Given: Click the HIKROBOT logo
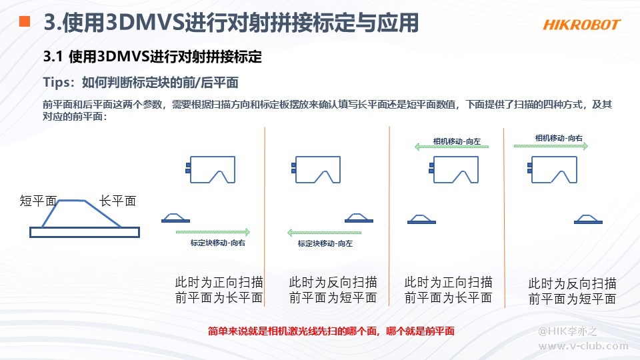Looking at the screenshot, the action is (x=581, y=25).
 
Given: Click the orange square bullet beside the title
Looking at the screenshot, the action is (x=25, y=21).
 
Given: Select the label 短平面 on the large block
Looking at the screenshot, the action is (x=38, y=201).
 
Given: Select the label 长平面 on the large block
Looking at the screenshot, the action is (x=117, y=201).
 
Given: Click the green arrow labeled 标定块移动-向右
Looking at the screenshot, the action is (x=213, y=232).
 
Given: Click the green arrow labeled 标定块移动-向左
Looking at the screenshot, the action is (x=325, y=233).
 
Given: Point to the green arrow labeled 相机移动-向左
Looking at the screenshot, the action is (x=451, y=147).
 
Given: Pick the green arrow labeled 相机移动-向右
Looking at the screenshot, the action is (x=551, y=146).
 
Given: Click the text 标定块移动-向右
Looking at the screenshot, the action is (x=218, y=243).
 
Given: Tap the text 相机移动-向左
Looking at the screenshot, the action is (x=457, y=141).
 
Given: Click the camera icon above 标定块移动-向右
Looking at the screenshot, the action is (x=211, y=169).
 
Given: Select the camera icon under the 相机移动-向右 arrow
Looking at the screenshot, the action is (x=553, y=169).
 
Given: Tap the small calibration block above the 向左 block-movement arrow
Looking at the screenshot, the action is (x=359, y=218).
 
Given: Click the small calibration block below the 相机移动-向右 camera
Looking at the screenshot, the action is (x=588, y=219).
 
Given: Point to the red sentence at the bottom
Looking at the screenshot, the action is (x=331, y=331).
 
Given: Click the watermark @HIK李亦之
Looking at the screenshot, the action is (x=567, y=331).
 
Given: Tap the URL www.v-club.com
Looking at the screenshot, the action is (x=583, y=346).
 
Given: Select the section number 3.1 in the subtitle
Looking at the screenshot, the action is (x=53, y=57).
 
